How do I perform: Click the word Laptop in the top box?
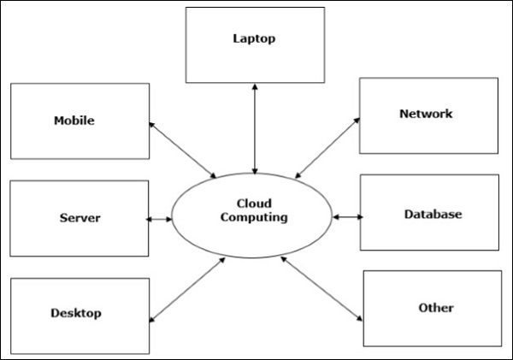pyautogui.click(x=255, y=38)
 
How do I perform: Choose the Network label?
pyautogui.click(x=425, y=114)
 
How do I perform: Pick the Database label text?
pyautogui.click(x=433, y=214)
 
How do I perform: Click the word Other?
pyautogui.click(x=436, y=308)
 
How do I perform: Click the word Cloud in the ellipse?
pyautogui.click(x=254, y=204)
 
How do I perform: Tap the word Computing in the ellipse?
pyautogui.click(x=254, y=217)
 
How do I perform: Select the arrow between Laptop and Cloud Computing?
pyautogui.click(x=255, y=128)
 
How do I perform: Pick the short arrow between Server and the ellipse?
pyautogui.click(x=160, y=220)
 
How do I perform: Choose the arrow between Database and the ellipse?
pyautogui.click(x=348, y=217)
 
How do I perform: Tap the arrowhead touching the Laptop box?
pyautogui.click(x=255, y=87)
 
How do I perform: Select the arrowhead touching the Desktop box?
pyautogui.click(x=152, y=319)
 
